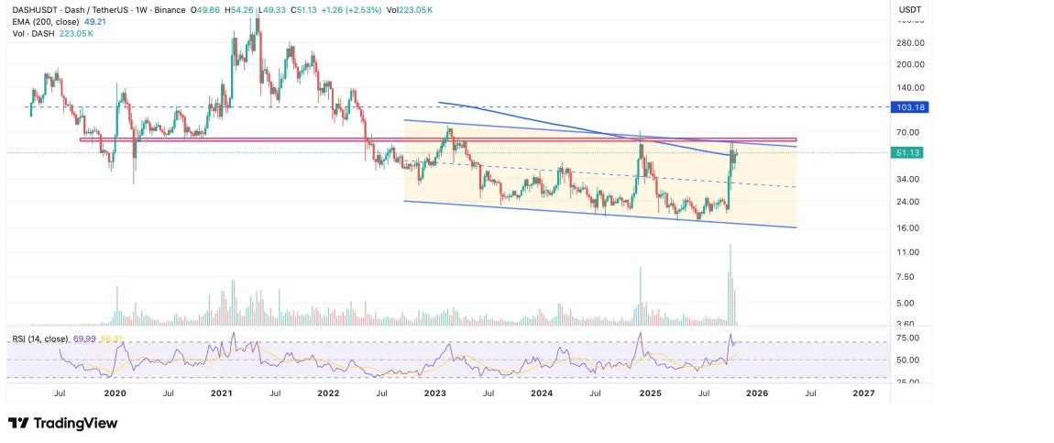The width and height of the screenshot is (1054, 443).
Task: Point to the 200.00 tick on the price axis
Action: coord(911,64)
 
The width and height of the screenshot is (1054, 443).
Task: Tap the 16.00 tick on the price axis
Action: coord(909,227)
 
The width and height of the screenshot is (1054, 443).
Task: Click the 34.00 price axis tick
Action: coord(909,179)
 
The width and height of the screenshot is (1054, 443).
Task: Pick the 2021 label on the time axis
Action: coord(221,393)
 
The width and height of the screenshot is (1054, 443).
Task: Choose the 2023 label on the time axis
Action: coord(435,393)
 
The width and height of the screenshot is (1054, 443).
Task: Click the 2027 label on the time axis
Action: coord(863,393)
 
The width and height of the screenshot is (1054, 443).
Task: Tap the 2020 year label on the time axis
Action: coord(115,393)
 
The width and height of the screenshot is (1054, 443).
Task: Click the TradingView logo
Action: coord(62,423)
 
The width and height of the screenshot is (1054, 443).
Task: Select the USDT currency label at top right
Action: coord(910,8)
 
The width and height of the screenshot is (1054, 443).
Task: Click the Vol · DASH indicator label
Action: coord(30,33)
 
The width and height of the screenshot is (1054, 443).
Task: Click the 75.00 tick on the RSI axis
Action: coord(909,338)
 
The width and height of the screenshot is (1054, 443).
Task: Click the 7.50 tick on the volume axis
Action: coord(907,277)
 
